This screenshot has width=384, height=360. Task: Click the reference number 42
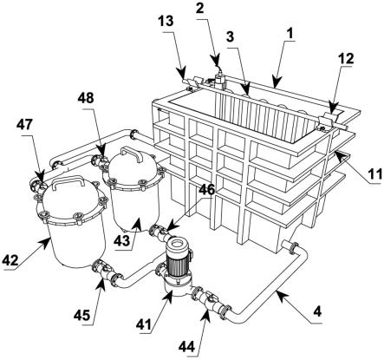pyautogui.click(x=10, y=261)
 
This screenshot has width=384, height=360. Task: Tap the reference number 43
pyautogui.click(x=121, y=240)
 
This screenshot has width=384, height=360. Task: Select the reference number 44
pyautogui.click(x=187, y=346)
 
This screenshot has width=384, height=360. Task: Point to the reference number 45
pyautogui.click(x=82, y=316)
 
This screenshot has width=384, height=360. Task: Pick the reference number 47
pyautogui.click(x=24, y=125)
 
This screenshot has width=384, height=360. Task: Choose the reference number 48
pyautogui.click(x=86, y=98)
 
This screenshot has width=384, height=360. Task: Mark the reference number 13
pyautogui.click(x=166, y=21)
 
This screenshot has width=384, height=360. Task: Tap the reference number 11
pyautogui.click(x=374, y=174)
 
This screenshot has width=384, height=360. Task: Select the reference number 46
pyautogui.click(x=207, y=190)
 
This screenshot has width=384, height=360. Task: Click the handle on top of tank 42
pyautogui.click(x=68, y=182)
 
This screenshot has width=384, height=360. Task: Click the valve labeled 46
pyautogui.click(x=159, y=232)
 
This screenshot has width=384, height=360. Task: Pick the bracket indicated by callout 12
pyautogui.click(x=328, y=120)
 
